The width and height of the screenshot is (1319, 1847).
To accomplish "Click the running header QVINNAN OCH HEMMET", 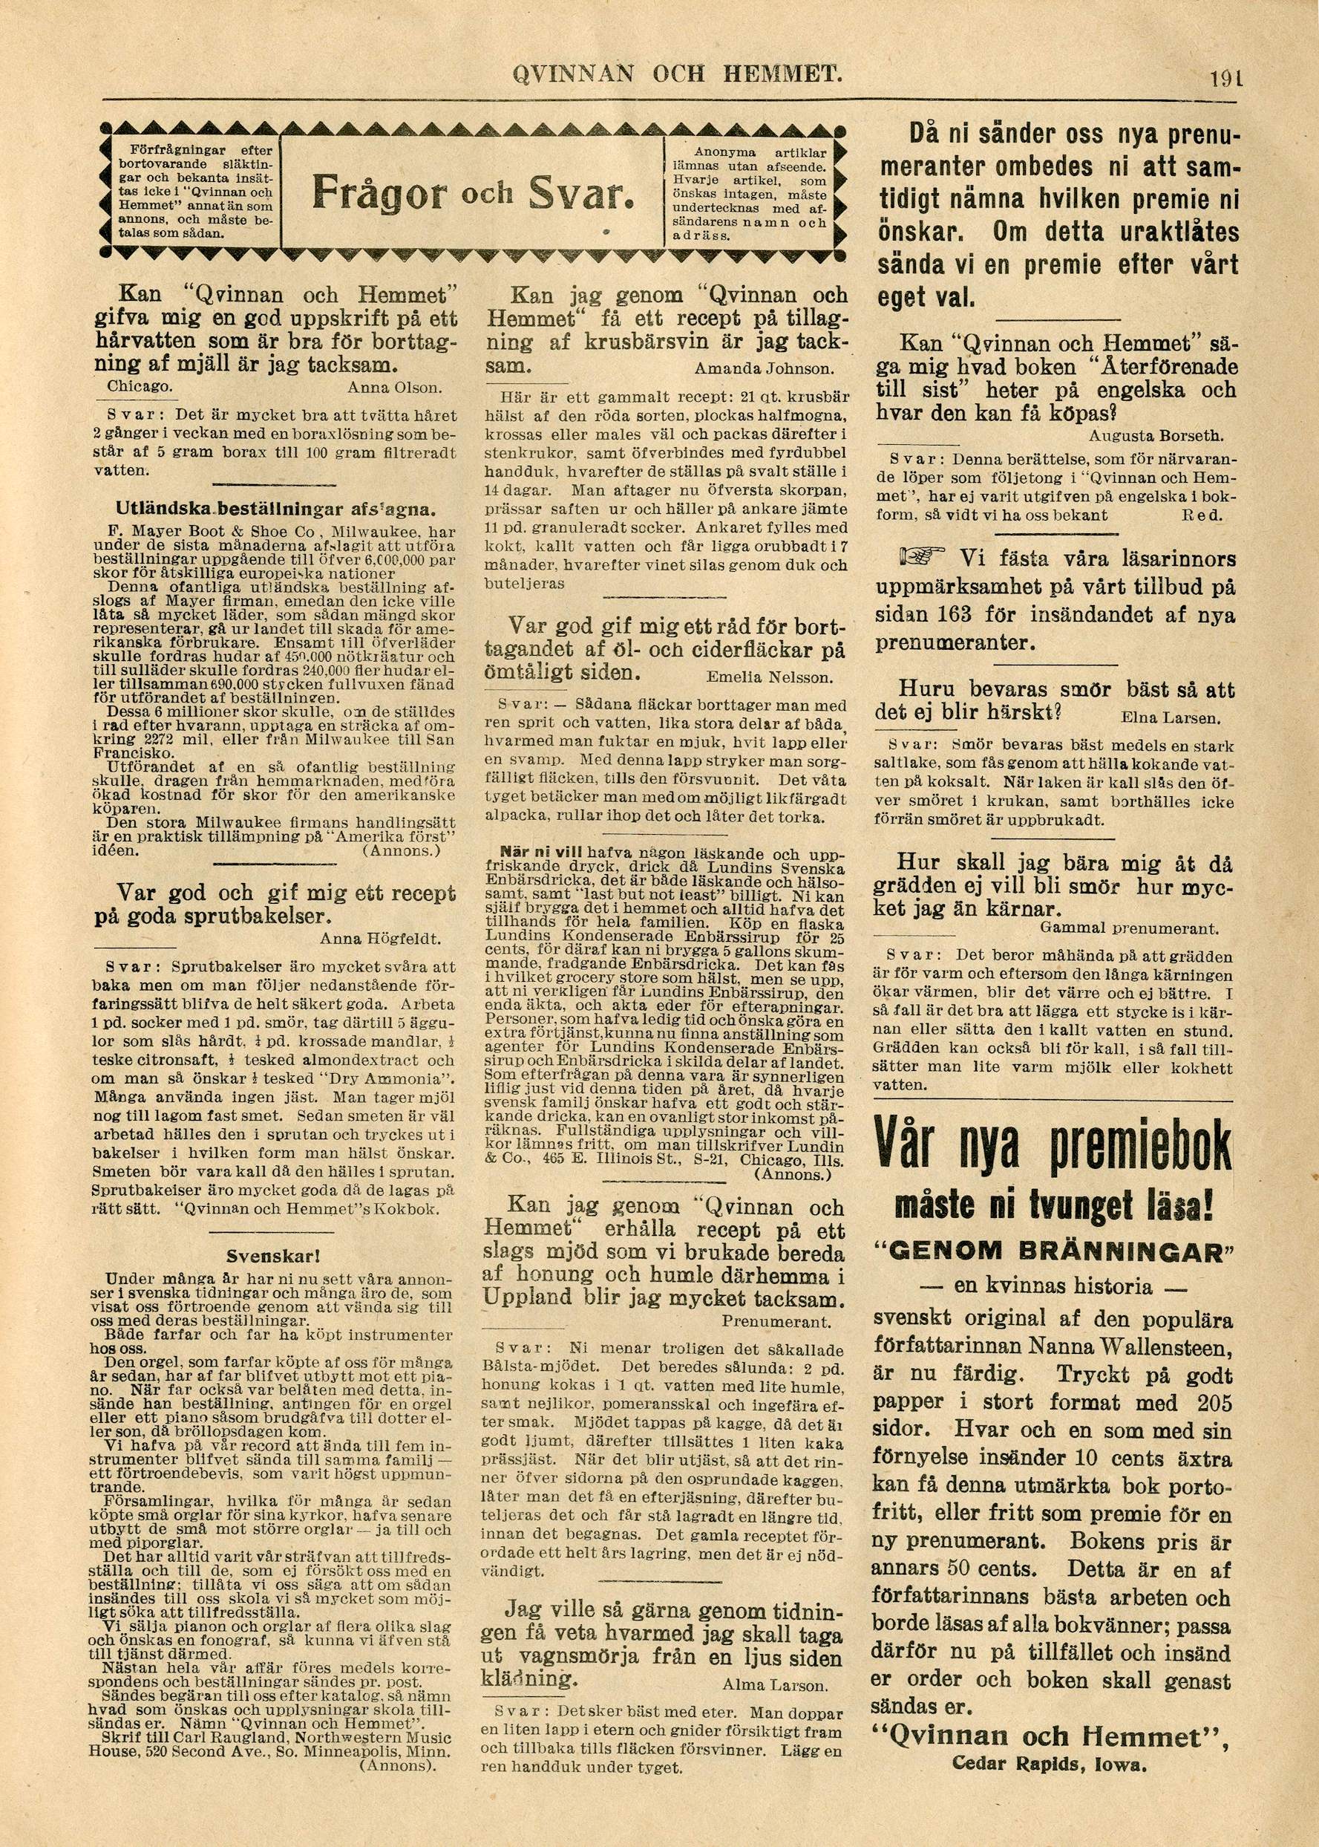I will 675,76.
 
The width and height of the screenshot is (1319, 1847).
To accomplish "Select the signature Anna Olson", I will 394,387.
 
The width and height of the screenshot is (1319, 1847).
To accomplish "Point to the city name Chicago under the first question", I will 140,386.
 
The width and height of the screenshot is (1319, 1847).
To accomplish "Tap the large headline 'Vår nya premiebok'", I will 1053,1150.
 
